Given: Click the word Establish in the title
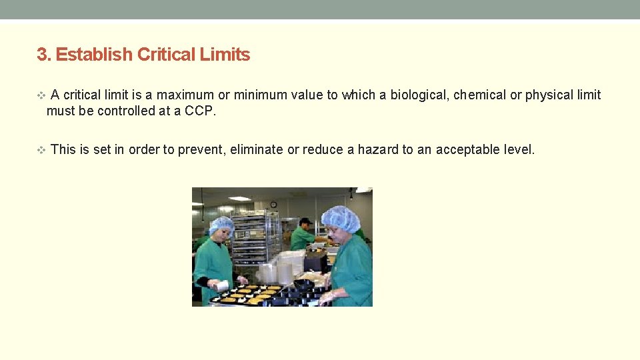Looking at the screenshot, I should pyautogui.click(x=93, y=55).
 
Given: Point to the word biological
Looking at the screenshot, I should pyautogui.click(x=419, y=95).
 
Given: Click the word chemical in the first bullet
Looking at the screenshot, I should pyautogui.click(x=480, y=95).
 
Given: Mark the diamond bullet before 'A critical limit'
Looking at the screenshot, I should pyautogui.click(x=41, y=95).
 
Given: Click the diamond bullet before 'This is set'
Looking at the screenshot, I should pyautogui.click(x=41, y=150).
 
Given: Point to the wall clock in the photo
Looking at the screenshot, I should pyautogui.click(x=273, y=204).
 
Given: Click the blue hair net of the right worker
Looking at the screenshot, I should pyautogui.click(x=340, y=217).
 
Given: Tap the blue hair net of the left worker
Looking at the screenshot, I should pyautogui.click(x=221, y=224).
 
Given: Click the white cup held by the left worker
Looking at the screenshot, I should pyautogui.click(x=223, y=285).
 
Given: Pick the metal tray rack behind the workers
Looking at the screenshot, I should pyautogui.click(x=248, y=237).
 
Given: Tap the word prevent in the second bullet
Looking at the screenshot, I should pyautogui.click(x=196, y=149).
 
